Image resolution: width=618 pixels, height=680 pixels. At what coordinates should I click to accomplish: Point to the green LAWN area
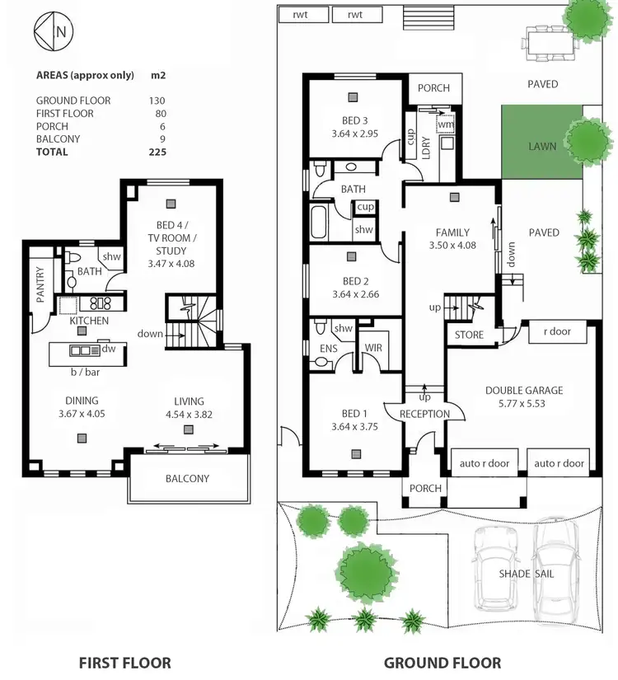pos(541,146)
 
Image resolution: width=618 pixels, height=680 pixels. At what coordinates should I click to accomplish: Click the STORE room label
pos(470,335)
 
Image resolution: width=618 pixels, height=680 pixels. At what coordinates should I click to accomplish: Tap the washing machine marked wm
pos(445,124)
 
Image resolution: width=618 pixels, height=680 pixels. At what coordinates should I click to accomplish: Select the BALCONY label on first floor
pos(187,478)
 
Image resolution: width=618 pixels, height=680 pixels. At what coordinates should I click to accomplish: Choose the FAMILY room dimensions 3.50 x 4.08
pos(453,246)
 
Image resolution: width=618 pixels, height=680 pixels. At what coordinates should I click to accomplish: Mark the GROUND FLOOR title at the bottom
pos(442,662)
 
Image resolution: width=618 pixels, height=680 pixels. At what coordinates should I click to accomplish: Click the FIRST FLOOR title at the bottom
pos(124,662)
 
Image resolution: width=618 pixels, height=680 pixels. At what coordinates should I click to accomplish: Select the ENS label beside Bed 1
pos(327,349)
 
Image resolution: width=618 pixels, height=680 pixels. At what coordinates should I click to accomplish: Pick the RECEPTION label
pos(424,414)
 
